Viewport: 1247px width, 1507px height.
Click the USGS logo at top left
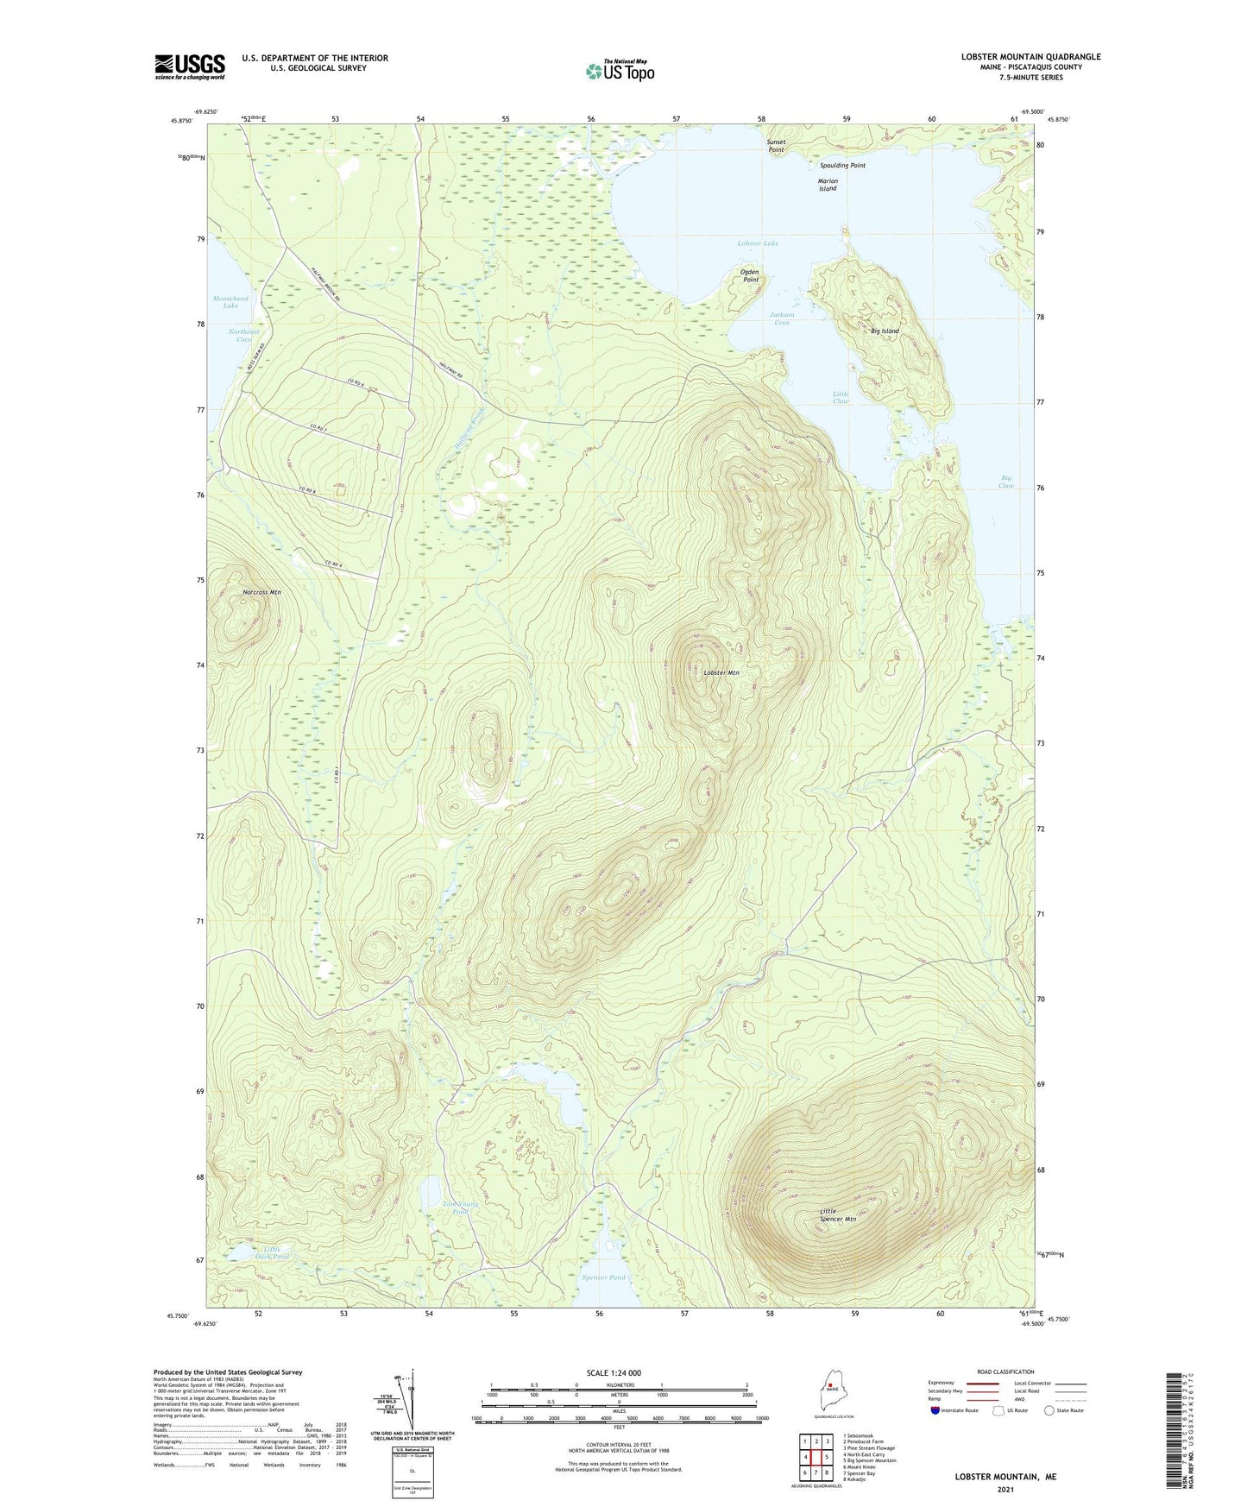pos(189,66)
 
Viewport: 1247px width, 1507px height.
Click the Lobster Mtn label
pos(721,672)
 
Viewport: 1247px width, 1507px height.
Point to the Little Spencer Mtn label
pos(837,1215)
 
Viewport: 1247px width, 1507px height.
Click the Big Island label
pos(885,331)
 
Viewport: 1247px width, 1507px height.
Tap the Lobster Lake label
pos(758,243)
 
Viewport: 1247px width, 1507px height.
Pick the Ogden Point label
pos(750,275)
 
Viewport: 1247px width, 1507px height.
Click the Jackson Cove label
pos(781,318)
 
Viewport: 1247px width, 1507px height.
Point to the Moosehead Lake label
pos(230,302)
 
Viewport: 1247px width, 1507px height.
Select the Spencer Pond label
pos(603,1277)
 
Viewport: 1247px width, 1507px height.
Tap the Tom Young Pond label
pos(460,1207)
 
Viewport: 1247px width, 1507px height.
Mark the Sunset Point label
pos(776,145)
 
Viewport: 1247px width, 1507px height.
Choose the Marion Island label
pos(828,185)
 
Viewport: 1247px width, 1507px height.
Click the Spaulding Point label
pos(842,165)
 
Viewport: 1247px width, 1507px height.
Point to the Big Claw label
pos(1006,482)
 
